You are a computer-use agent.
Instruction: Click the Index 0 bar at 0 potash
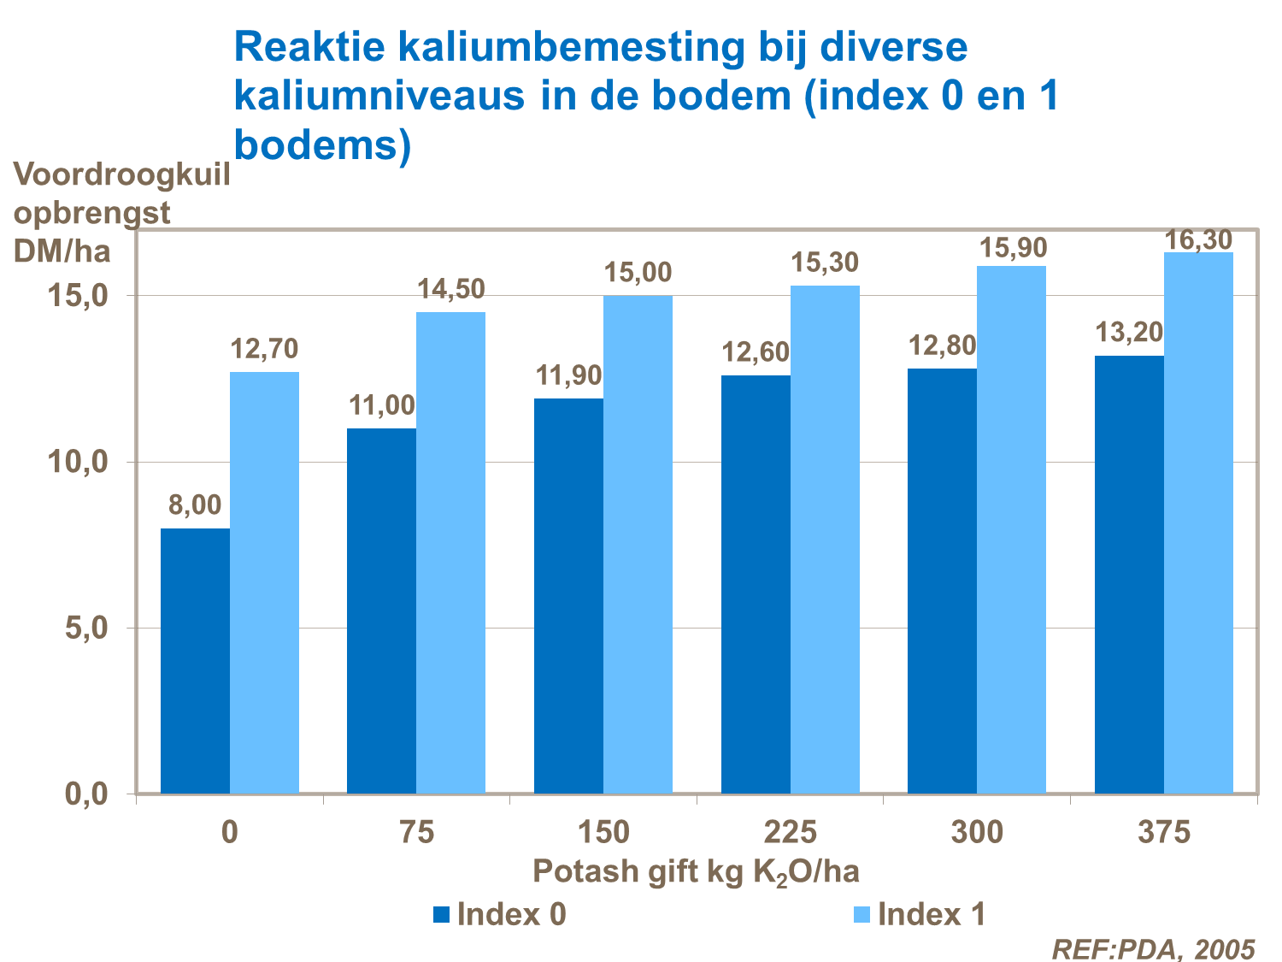tap(195, 661)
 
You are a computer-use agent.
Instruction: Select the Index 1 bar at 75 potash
tap(450, 552)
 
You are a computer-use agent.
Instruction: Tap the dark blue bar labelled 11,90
tap(568, 596)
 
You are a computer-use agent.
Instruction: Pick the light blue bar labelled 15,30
tap(825, 540)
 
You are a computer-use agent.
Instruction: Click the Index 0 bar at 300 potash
tap(942, 581)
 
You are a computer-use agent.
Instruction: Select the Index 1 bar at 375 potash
tap(1198, 522)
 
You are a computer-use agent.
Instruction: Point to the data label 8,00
tap(195, 505)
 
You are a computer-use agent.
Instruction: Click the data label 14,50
tap(450, 289)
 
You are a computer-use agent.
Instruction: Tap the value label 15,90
tap(1013, 248)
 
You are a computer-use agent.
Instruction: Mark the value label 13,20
tap(1130, 332)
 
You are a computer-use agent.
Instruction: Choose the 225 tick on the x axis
tap(791, 832)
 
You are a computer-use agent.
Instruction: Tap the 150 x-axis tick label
tap(603, 832)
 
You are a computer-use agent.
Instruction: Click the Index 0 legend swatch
tap(441, 915)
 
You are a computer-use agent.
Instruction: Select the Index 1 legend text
tap(932, 915)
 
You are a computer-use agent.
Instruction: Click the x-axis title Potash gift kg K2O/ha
tap(696, 871)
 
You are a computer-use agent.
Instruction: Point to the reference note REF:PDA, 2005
tap(1153, 948)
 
